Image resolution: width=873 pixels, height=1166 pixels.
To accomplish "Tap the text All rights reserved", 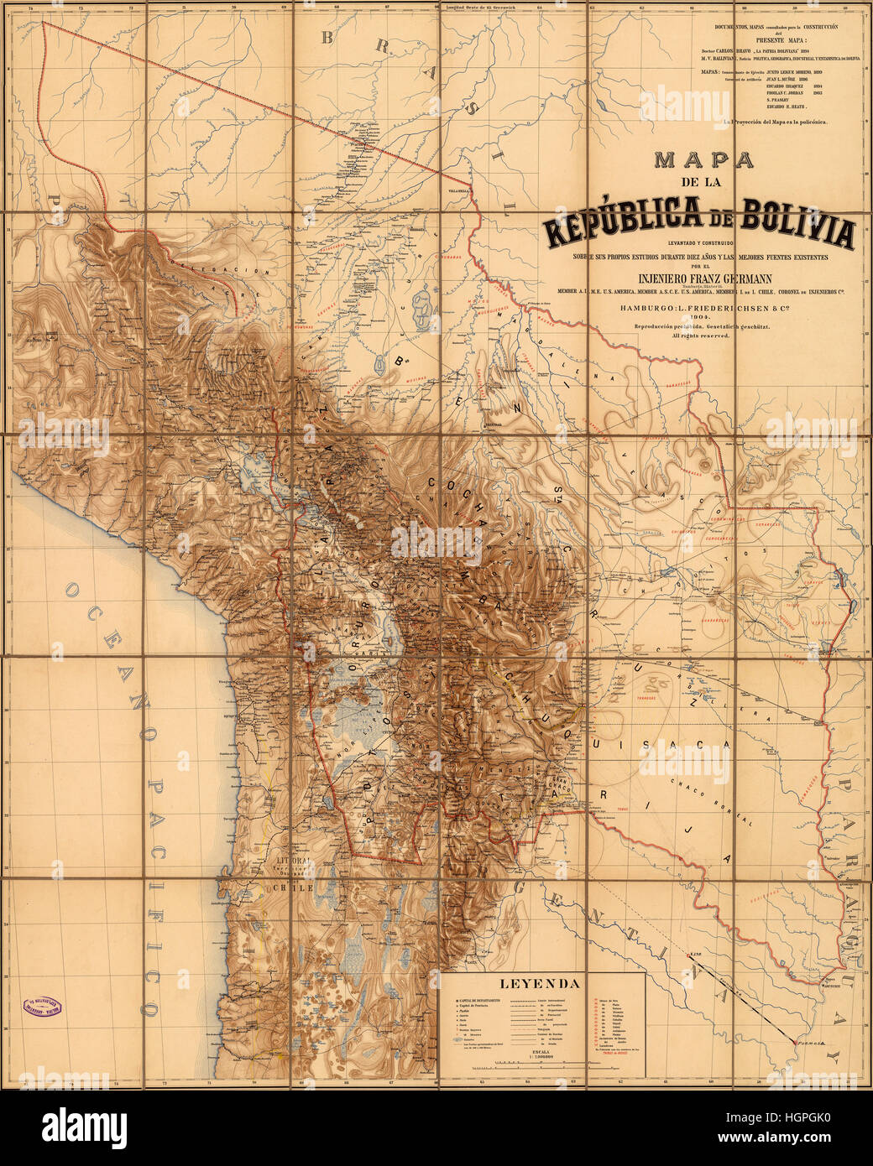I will click(x=700, y=336).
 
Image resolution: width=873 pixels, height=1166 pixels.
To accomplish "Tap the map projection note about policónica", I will click(x=775, y=122).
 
